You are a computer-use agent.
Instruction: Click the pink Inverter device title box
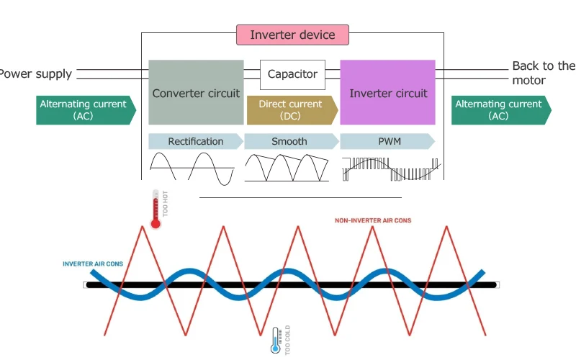pos(292,35)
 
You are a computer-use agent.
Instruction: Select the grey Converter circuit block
pos(196,93)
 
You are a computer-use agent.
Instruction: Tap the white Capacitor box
pos(292,74)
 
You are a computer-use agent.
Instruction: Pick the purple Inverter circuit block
pos(387,93)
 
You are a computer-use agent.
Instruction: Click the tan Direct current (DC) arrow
pos(291,109)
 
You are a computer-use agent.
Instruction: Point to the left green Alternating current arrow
pos(84,109)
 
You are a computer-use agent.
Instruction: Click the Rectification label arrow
pos(196,141)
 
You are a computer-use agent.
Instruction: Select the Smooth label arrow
pos(290,141)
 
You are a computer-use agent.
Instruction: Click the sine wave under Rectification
pos(192,168)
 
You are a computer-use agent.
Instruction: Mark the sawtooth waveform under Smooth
pos(287,168)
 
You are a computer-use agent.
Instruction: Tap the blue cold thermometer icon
pos(274,341)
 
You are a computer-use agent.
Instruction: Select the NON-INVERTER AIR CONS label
pos(373,220)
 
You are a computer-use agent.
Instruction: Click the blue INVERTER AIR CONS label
pos(93,264)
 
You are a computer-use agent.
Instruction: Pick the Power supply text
pos(35,73)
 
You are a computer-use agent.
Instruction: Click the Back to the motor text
pos(543,73)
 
